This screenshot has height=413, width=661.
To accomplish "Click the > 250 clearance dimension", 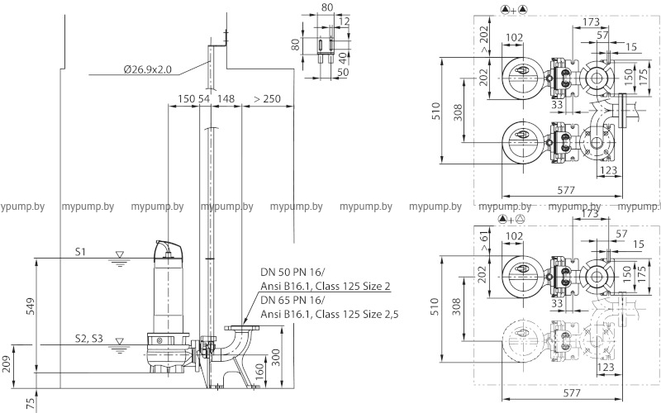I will tap(267, 98).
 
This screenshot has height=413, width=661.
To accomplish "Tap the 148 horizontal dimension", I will tap(226, 98).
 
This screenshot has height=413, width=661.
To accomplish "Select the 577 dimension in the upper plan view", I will tap(565, 189).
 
